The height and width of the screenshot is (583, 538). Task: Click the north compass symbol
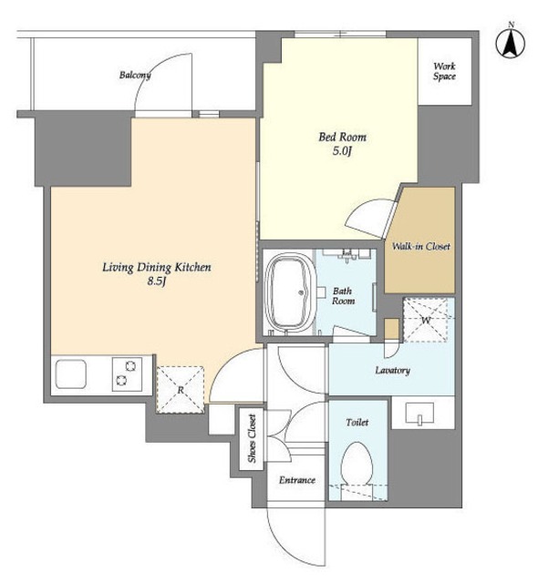511,43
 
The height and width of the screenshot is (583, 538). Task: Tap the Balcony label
135,75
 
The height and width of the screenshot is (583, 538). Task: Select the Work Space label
444,71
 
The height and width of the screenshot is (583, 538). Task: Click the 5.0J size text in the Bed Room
342,151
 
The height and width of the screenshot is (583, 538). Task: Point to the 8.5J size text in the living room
156,281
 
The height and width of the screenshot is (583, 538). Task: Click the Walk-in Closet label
420,246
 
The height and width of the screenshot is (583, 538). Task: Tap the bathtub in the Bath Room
289,292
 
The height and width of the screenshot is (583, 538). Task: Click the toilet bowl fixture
357,465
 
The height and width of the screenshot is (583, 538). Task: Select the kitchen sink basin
71,374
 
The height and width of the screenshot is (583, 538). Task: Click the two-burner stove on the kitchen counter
127,374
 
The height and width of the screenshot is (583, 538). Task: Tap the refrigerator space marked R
181,389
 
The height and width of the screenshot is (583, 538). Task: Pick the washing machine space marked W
426,320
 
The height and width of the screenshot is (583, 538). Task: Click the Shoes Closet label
252,439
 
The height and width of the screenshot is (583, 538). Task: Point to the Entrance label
297,480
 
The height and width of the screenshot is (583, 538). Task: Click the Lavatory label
392,371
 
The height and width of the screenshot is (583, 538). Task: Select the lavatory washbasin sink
419,413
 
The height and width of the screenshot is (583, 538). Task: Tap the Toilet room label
357,423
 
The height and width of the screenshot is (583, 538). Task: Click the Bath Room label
343,296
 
